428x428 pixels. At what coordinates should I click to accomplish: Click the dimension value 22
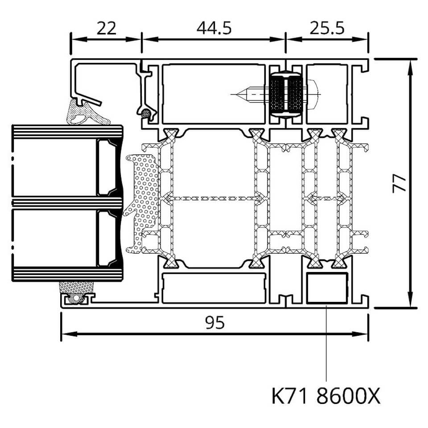(107, 28)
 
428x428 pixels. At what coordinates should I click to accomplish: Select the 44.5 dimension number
(214, 28)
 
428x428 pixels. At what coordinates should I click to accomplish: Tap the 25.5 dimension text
(327, 28)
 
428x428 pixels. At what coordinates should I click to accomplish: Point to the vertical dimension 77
(399, 184)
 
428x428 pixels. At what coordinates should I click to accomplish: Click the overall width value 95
(215, 322)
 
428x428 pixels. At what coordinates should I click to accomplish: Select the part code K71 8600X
(326, 396)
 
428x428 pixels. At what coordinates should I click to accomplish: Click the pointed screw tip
(237, 95)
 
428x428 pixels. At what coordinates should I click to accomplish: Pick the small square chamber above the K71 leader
(327, 288)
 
